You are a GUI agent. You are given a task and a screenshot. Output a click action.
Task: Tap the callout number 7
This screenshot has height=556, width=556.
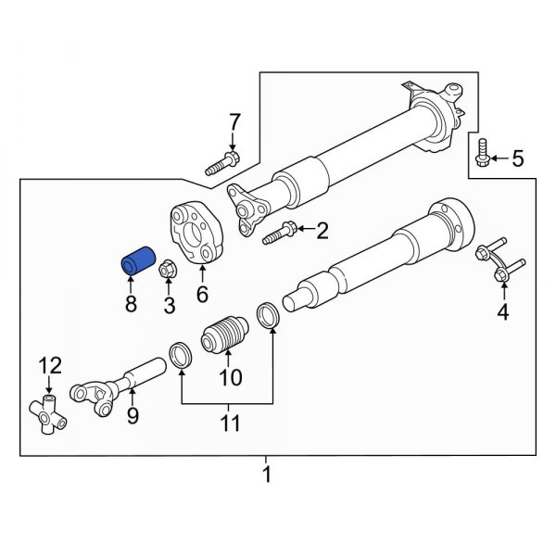(234, 121)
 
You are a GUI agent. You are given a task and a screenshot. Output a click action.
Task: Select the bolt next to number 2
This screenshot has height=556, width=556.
(281, 234)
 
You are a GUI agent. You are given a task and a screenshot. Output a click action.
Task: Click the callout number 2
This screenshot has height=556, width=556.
(322, 231)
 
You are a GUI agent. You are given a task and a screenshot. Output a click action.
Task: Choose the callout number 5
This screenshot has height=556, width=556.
(517, 159)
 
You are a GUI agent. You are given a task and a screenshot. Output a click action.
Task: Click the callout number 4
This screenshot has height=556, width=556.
(502, 312)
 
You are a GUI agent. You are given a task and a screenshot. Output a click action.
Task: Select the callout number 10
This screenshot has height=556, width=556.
(229, 377)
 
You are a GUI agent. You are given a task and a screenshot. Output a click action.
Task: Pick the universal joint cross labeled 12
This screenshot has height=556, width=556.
(51, 411)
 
